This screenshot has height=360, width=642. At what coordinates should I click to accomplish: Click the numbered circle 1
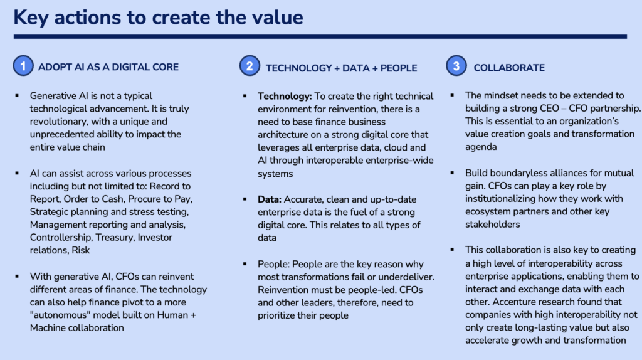[x=23, y=65]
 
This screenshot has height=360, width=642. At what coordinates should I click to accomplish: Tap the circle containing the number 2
[x=250, y=65]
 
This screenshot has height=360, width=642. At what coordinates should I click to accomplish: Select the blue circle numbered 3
[x=456, y=65]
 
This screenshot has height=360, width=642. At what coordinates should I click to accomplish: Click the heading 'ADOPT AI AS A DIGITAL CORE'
[x=108, y=67]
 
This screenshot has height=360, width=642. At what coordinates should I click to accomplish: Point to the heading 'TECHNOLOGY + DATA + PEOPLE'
[x=341, y=68]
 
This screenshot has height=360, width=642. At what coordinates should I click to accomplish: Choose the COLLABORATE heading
[x=509, y=68]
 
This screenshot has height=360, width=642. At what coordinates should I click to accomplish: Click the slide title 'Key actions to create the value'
[x=158, y=18]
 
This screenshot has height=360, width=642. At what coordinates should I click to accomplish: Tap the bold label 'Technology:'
[x=285, y=96]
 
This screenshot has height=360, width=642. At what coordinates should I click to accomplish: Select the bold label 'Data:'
[x=270, y=199]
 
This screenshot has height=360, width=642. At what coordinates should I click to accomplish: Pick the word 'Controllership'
[x=61, y=238]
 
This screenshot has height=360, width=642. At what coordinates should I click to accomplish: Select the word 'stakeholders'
[x=493, y=225]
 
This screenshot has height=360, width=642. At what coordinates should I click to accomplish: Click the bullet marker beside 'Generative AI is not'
[x=17, y=96]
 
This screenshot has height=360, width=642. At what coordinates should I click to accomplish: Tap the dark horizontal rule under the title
[x=320, y=37]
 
